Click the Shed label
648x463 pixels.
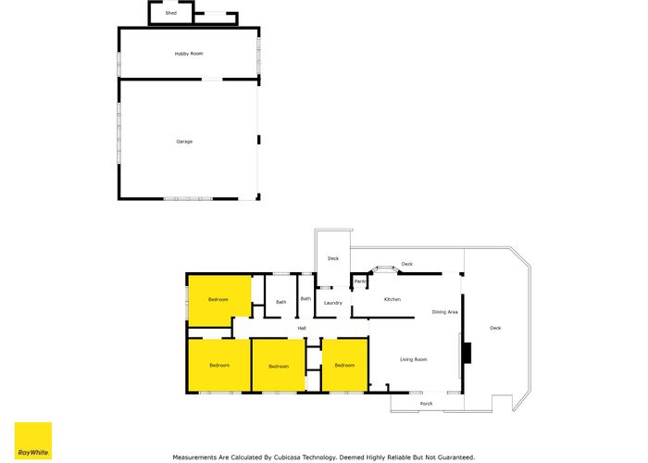[171, 13]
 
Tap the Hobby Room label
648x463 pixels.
[189, 54]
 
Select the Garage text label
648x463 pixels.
[184, 142]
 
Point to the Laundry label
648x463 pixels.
[333, 303]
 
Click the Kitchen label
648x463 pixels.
[393, 299]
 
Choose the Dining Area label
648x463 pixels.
[444, 312]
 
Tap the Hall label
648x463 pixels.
[302, 328]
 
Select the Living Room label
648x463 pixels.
[413, 359]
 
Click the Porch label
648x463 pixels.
[426, 404]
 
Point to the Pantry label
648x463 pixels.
[360, 282]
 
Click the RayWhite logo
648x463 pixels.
[33, 441]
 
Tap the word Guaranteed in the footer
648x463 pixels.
[456, 457]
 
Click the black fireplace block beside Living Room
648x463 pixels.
[467, 353]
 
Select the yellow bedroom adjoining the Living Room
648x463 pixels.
[344, 366]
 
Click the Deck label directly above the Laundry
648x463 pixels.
[333, 258]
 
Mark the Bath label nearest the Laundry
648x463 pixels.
[305, 298]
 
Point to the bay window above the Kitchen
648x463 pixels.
[385, 269]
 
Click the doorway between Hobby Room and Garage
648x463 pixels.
[212, 79]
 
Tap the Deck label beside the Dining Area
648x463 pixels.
[495, 328]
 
